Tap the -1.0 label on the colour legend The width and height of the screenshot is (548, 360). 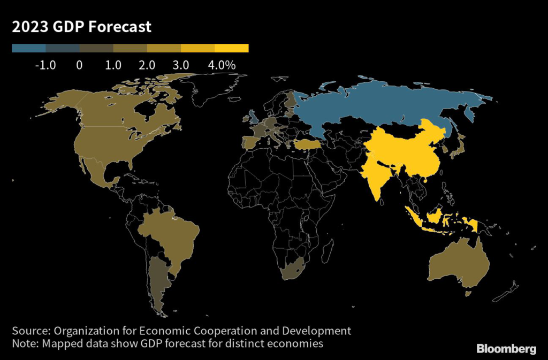point(45,65)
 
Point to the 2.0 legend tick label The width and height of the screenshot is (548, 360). point(147,65)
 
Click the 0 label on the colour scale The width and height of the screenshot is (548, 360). point(79,65)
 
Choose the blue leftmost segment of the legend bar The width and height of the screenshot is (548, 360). point(28,48)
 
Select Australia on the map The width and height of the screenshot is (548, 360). point(459,265)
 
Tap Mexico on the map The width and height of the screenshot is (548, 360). point(96,174)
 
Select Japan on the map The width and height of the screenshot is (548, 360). point(458,148)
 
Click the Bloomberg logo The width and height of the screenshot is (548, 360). point(506,349)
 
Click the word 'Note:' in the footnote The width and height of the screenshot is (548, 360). point(26,343)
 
